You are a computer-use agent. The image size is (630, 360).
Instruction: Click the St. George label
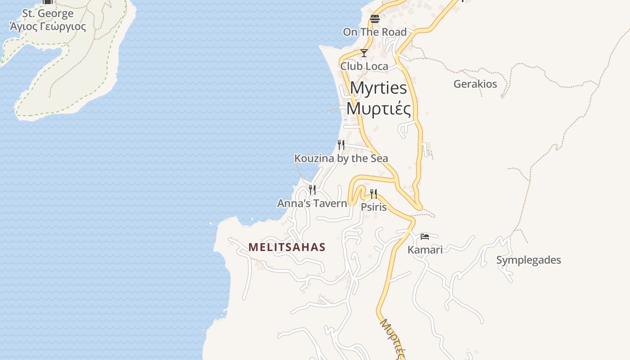48,13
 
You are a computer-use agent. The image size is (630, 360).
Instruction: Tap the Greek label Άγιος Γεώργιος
48,27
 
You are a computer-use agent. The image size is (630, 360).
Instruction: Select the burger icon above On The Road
375,19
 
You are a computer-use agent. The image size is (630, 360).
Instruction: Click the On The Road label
375,32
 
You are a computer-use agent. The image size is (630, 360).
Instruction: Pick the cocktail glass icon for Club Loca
364,53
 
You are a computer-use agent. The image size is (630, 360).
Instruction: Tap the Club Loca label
364,66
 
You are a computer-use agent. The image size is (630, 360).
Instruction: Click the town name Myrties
378,88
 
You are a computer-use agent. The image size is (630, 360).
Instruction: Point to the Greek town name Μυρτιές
378,108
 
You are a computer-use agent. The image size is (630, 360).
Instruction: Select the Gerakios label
475,84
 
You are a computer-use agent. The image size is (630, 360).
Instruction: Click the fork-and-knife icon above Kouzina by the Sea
341,145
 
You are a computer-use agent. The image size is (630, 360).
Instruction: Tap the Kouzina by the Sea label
341,158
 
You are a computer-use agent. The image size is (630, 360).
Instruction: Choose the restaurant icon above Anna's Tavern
312,190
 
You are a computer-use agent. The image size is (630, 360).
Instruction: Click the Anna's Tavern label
312,203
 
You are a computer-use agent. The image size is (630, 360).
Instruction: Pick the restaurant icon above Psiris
373,194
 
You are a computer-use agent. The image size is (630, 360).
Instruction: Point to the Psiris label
374,207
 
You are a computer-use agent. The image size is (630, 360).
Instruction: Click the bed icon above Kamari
425,237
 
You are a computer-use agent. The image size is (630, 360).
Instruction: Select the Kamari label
425,250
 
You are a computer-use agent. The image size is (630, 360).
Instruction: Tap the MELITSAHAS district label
287,247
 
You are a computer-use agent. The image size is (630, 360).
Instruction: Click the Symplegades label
529,260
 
